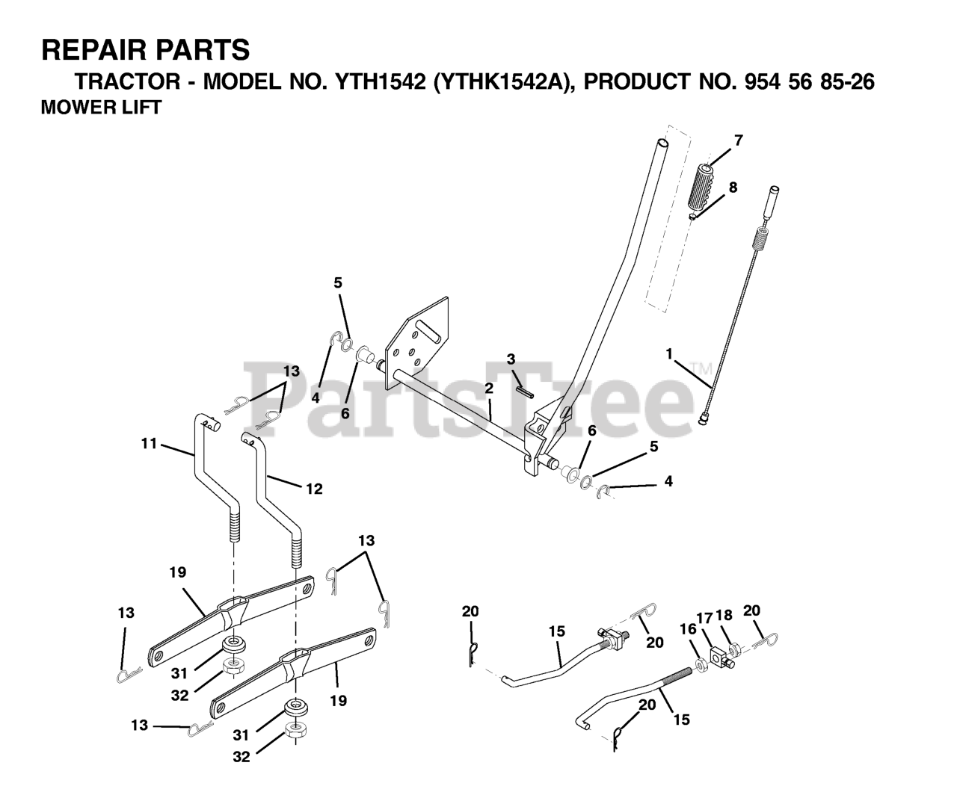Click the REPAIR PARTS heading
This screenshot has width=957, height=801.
click(x=146, y=50)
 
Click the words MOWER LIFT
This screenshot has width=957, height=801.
click(x=101, y=107)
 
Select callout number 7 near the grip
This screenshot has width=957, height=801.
click(x=738, y=140)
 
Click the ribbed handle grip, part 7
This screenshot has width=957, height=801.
click(x=706, y=191)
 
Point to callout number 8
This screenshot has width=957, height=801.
click(x=733, y=188)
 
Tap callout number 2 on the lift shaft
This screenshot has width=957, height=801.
click(x=488, y=389)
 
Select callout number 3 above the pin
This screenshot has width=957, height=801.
click(x=511, y=359)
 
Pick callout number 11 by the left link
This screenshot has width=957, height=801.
click(x=149, y=444)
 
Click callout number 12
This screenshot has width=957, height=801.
click(x=314, y=489)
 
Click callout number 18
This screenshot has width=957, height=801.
click(x=724, y=616)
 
